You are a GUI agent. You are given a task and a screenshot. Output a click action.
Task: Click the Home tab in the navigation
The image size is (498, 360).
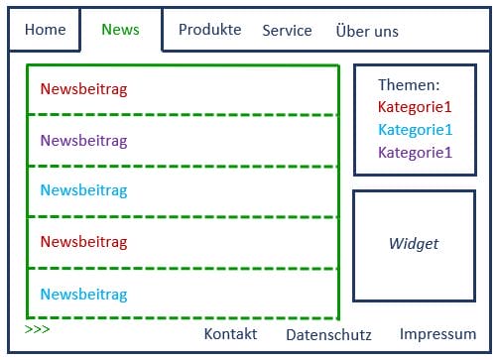pos(45,30)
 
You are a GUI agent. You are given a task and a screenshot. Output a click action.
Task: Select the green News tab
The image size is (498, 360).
pos(120,30)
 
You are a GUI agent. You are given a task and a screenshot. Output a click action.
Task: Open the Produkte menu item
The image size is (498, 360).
pos(209,30)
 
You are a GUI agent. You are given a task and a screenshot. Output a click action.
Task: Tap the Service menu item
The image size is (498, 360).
pos(287,31)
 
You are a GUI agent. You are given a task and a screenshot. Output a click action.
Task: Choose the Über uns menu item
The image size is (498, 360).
pos(367,31)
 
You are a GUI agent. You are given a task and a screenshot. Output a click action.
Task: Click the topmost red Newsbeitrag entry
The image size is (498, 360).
pos(84,89)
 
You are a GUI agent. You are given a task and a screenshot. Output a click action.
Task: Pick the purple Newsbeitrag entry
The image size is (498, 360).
pos(84,141)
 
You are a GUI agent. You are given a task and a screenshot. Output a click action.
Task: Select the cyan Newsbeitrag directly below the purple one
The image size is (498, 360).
pos(84,190)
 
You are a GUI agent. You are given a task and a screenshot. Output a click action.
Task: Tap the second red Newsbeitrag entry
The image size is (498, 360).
pos(84,242)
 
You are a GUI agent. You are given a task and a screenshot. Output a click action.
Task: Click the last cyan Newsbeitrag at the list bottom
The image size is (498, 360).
pos(84,295)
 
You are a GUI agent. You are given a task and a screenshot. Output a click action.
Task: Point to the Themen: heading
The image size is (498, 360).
pos(409,86)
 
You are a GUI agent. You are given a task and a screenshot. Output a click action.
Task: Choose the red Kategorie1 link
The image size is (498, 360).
pos(415,107)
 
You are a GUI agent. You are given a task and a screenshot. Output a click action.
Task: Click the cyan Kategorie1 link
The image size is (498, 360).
pos(415,130)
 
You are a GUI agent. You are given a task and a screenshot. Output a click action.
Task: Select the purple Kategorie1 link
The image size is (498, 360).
pos(415,153)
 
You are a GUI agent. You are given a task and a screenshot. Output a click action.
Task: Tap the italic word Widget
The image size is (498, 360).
pos(413,244)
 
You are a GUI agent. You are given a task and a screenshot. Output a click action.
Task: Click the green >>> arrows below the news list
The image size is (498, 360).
pos(37,328)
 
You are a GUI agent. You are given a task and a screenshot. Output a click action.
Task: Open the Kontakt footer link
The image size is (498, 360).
pos(230,334)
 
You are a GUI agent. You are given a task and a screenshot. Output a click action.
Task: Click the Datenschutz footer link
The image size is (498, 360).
pos(328,335)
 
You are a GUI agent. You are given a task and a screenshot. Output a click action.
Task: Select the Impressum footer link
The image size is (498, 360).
pos(437,334)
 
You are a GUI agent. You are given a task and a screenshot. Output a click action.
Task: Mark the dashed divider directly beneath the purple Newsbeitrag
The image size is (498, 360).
pos(183,166)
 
